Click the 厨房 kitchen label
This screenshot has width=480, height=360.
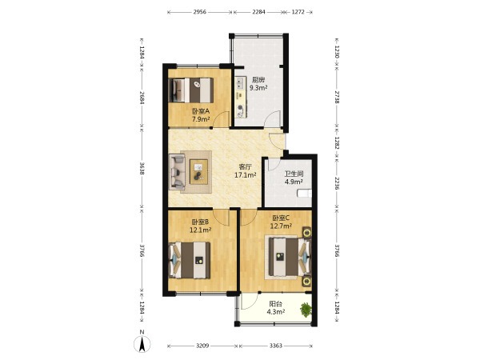[258, 80]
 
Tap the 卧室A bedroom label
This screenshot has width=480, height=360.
[201, 111]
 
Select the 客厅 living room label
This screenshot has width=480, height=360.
[246, 167]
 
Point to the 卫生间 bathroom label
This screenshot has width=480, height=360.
[294, 174]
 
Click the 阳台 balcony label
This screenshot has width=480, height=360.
[275, 304]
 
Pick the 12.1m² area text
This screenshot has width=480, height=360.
[200, 230]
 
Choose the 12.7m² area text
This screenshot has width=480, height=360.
[281, 226]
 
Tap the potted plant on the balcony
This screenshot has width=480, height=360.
[306, 310]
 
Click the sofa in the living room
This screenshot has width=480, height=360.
[178, 171]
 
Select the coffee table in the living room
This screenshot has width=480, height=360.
[198, 172]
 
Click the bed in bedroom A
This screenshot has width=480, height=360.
[191, 90]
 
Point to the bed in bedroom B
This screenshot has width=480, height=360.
[190, 260]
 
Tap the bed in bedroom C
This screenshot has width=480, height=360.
[290, 257]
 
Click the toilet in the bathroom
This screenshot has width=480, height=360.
[305, 194]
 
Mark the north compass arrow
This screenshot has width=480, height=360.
[142, 344]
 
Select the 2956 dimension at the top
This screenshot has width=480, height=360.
[200, 12]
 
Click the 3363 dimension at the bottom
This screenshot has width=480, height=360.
[276, 346]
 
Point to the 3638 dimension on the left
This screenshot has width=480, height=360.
[142, 168]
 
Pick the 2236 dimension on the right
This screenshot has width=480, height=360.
[337, 183]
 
